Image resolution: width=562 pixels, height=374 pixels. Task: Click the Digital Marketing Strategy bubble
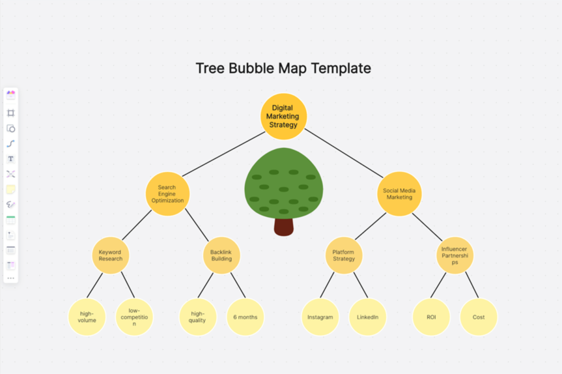tap(284, 117)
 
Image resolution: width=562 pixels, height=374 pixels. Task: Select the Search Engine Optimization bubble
tap(167, 194)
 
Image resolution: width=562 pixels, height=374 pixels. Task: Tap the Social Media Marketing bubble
tap(399, 194)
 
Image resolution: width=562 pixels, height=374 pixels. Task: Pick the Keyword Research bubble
tap(110, 255)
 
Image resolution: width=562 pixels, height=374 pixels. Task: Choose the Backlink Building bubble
tap(221, 255)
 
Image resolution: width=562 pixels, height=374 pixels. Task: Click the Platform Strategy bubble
tap(343, 255)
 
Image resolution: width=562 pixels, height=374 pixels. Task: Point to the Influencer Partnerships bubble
tap(455, 255)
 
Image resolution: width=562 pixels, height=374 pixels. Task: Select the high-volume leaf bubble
tap(87, 317)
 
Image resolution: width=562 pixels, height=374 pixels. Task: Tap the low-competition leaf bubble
tap(134, 317)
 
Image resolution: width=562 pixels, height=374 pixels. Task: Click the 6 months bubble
tap(245, 317)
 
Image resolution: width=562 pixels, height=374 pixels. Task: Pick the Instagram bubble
tap(320, 317)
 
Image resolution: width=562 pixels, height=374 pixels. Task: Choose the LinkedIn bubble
tap(367, 317)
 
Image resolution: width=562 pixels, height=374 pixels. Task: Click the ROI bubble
tap(431, 317)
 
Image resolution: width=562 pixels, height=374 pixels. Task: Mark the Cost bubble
tap(479, 317)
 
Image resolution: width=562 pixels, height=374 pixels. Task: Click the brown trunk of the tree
tap(283, 227)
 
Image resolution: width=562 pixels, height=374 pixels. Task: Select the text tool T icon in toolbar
tap(10, 159)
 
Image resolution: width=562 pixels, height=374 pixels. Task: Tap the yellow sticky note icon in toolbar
tap(10, 190)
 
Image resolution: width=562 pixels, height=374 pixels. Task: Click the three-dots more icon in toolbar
tap(10, 278)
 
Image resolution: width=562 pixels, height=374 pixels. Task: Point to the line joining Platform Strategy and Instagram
tap(327, 285)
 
